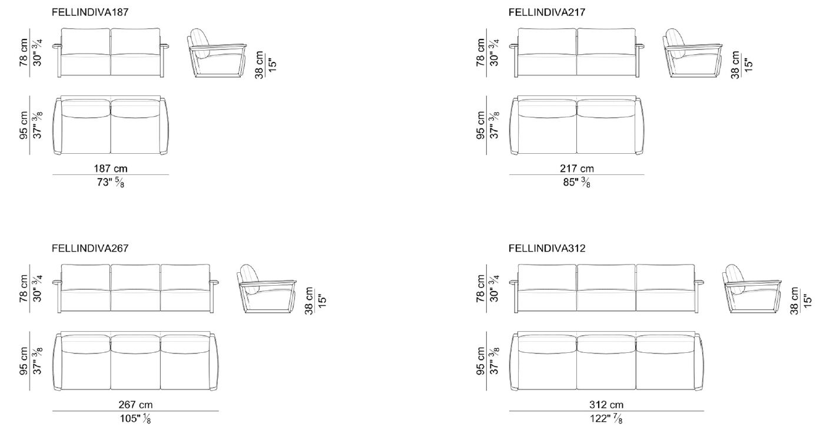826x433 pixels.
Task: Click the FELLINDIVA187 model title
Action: point(90,12)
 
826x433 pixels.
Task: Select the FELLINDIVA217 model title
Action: point(547,12)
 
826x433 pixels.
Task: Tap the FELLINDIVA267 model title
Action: point(90,248)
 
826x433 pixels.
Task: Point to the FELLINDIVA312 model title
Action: point(547,248)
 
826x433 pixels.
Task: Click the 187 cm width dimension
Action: point(111,168)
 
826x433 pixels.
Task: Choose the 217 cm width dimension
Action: point(577,168)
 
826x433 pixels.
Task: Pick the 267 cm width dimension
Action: point(135,405)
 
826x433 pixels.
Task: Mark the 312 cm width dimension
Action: point(606,405)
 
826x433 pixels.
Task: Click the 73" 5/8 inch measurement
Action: point(111,183)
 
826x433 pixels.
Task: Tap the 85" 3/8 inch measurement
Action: point(577,183)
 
